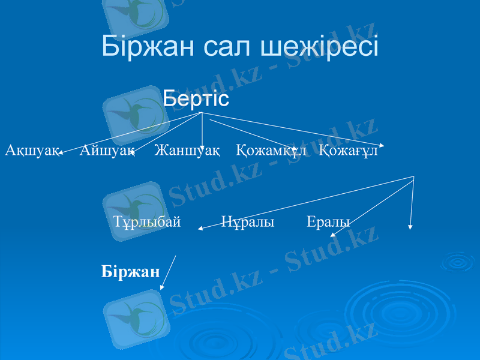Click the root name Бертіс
coord(196,98)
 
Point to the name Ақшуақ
coord(31,150)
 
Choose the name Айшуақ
coord(106,150)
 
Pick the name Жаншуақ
coord(187,150)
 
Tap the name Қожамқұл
coord(271,150)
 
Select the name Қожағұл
coord(349,150)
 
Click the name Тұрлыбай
coord(147,222)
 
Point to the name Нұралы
coord(248,222)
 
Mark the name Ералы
coord(328,222)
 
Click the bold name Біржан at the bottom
coord(131,272)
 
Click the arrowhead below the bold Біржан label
coord(162,288)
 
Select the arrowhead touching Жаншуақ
coord(203,148)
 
